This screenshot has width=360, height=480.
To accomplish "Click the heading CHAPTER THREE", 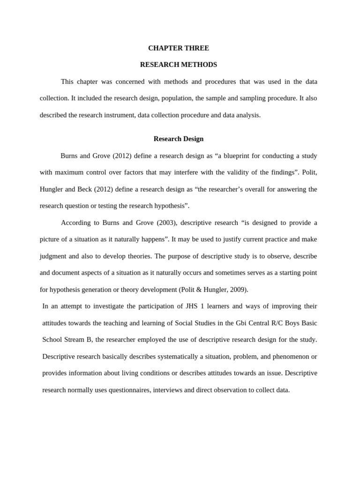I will pyautogui.click(x=179, y=48).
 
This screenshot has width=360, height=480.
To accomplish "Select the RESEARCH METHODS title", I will pyautogui.click(x=179, y=65).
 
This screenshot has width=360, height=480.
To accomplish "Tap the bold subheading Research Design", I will pyautogui.click(x=179, y=139).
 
